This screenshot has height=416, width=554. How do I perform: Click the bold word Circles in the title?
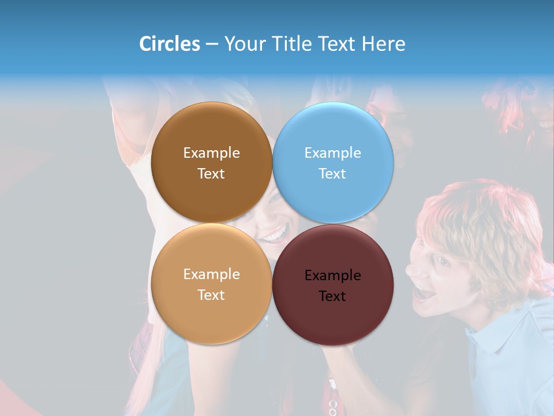(170, 44)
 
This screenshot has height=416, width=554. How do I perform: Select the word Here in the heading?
(383, 44)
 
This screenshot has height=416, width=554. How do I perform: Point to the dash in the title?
(212, 44)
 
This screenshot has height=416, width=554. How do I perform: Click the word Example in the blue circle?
(333, 153)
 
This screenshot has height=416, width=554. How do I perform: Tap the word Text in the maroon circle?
(332, 296)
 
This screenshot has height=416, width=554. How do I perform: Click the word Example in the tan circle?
(211, 274)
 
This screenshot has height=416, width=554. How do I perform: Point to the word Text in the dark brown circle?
(211, 174)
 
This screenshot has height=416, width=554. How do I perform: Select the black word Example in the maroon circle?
(333, 276)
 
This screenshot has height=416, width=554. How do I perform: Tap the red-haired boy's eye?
(443, 261)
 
